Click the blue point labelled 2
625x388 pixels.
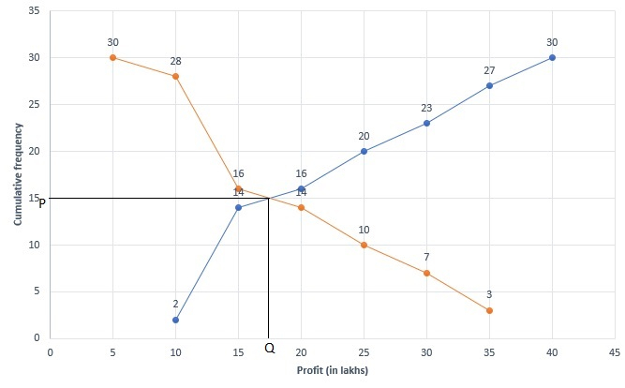coord(175,320)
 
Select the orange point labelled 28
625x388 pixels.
coord(175,76)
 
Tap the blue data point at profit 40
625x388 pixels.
coord(552,57)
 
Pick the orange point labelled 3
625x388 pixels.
coord(489,310)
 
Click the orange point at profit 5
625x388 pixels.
coord(112,57)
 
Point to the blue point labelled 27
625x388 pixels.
coord(489,85)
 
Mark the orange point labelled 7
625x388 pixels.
coord(426,273)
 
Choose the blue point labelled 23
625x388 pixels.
coord(426,123)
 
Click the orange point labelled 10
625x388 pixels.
coord(364,245)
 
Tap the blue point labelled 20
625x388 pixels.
coord(364,151)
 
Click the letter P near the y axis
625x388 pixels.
coord(42,201)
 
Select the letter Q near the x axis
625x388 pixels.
coord(269,347)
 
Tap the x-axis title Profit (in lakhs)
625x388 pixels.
coord(333,370)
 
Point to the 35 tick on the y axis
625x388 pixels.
coord(34,10)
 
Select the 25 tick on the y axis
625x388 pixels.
coord(34,104)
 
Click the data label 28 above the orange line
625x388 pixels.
coord(175,61)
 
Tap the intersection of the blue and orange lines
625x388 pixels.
coord(269,198)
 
